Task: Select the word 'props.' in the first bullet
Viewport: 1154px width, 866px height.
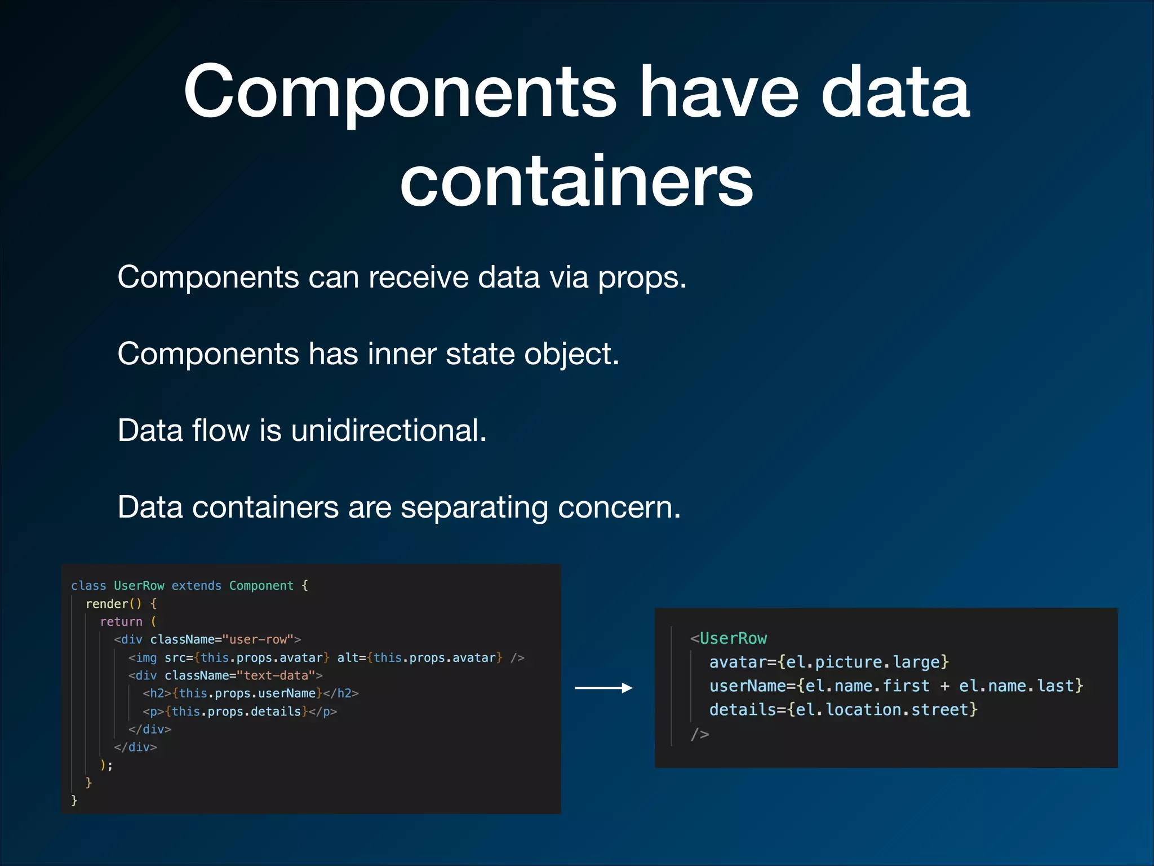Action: pyautogui.click(x=642, y=277)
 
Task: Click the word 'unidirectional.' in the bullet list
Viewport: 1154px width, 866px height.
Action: pyautogui.click(x=388, y=431)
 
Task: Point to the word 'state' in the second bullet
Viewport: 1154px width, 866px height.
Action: pyautogui.click(x=480, y=354)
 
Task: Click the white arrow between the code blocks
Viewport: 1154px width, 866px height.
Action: pyautogui.click(x=603, y=688)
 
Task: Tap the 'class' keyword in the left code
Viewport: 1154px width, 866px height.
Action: pyautogui.click(x=88, y=586)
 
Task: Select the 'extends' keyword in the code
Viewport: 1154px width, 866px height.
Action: pyautogui.click(x=196, y=586)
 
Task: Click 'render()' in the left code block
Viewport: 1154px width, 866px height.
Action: pyautogui.click(x=113, y=604)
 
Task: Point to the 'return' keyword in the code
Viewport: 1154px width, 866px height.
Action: pyautogui.click(x=121, y=622)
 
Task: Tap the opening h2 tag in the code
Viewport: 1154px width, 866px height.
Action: pyautogui.click(x=157, y=693)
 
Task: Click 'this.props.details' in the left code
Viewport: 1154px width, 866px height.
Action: pyautogui.click(x=237, y=712)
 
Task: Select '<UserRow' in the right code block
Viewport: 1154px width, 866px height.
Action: pyautogui.click(x=729, y=639)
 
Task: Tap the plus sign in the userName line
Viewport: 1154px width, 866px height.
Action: pyautogui.click(x=944, y=686)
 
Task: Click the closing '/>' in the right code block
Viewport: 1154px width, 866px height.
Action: pyautogui.click(x=700, y=734)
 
